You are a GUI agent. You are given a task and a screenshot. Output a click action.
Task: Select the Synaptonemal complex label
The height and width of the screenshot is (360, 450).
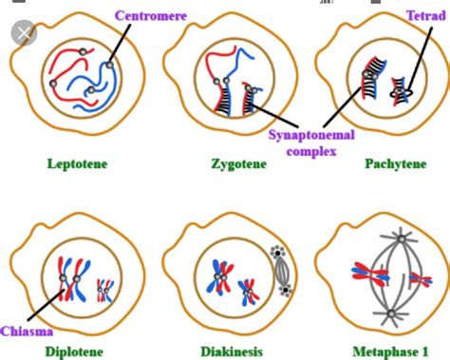(x=310, y=142)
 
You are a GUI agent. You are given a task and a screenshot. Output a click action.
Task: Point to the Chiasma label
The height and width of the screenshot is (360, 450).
(x=27, y=330)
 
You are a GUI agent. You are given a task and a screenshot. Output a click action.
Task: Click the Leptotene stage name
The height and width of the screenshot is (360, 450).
(x=77, y=164)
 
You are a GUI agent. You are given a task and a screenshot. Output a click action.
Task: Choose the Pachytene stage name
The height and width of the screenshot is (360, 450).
(x=394, y=164)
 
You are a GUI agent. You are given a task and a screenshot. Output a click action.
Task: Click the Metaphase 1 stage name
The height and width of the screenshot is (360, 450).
(x=388, y=351)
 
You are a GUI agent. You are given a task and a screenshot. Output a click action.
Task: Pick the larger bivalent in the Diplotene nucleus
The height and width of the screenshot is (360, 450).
(x=64, y=278)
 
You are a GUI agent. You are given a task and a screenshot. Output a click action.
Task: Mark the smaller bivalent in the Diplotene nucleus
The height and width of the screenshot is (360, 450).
(x=105, y=288)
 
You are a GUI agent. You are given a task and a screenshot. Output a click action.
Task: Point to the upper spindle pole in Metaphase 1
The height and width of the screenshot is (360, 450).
(x=388, y=235)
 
